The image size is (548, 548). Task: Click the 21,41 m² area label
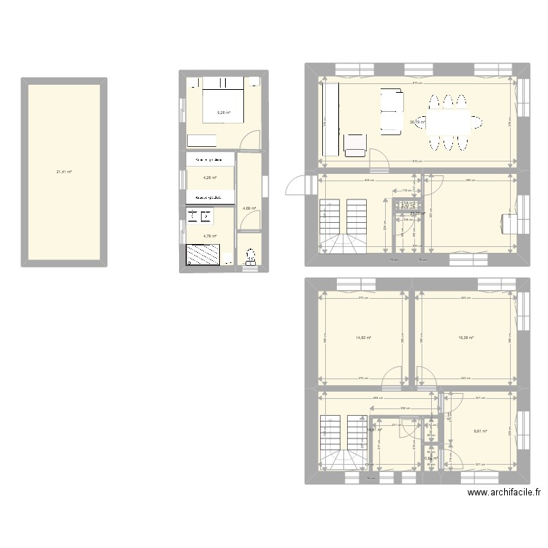click(64, 172)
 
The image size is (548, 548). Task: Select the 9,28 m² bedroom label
click(223, 113)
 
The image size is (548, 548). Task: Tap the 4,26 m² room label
click(208, 176)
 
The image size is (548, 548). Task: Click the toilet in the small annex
click(251, 256)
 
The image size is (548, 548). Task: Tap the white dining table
click(451, 122)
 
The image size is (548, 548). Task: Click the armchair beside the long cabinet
click(354, 145)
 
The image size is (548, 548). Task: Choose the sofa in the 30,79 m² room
click(391, 111)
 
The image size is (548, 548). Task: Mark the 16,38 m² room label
click(465, 338)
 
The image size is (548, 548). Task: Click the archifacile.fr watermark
click(503, 493)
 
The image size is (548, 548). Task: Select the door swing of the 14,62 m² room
click(392, 378)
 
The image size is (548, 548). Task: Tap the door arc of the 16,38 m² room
click(427, 378)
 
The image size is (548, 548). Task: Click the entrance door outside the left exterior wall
click(295, 187)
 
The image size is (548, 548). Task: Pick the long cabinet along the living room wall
click(330, 119)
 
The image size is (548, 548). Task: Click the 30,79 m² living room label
click(418, 122)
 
